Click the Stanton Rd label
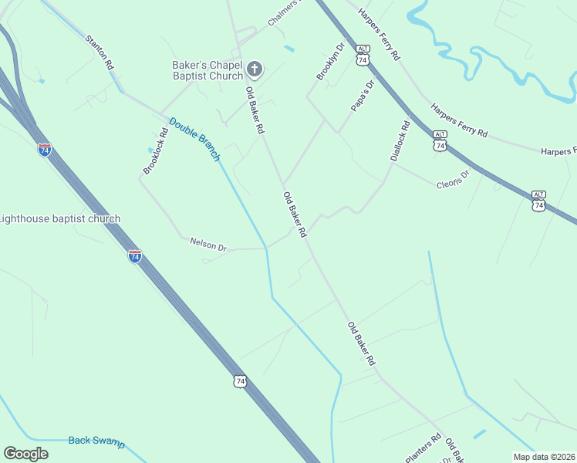100,52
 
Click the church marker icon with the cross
254,70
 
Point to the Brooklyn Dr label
329,61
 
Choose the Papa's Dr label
362,96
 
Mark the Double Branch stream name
194,139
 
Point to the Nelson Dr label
208,246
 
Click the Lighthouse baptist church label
59,219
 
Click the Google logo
26,454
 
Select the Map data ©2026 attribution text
543,457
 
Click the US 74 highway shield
241,381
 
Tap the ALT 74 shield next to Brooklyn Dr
363,55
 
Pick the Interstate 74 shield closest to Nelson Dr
135,256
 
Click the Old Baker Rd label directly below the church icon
255,111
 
